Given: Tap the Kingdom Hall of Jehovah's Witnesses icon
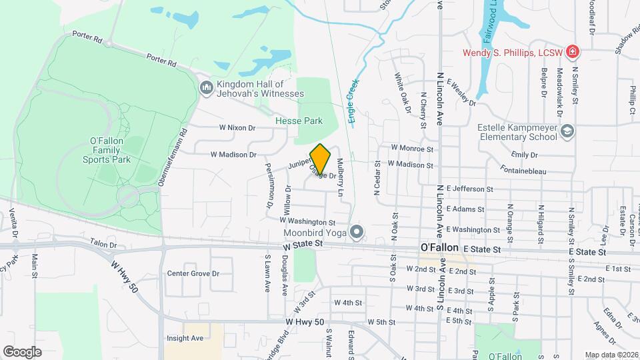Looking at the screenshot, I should click(206, 87).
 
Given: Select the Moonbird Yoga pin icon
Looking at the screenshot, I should click(357, 233).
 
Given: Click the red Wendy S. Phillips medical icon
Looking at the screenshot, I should click(571, 52).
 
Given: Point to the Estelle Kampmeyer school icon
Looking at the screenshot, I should click(567, 131).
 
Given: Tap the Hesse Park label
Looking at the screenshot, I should click(299, 121).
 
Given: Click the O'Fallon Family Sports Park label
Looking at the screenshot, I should click(107, 150).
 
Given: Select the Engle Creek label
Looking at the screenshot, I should click(352, 101).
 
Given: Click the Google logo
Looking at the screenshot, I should click(22, 351).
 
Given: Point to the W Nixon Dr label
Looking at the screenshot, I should click(237, 127).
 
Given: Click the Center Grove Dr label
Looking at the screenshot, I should click(193, 273).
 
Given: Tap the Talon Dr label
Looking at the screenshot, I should click(103, 245).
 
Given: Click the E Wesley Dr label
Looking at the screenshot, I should click(461, 93).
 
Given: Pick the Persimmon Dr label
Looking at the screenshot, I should click(269, 186).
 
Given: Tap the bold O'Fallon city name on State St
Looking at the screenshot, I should click(439, 247).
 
